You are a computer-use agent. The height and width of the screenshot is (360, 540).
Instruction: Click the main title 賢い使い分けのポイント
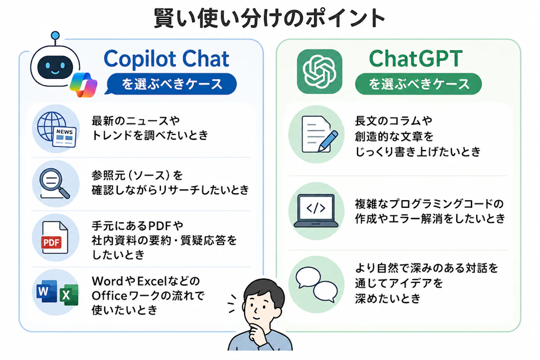coord(269,18)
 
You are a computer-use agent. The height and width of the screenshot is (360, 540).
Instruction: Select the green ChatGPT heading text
coord(416,58)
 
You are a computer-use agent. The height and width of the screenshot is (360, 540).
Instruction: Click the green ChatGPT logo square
coord(320,72)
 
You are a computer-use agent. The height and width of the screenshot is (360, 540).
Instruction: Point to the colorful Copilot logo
coord(83,85)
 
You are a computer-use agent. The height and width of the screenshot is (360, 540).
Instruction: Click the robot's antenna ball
coord(55,36)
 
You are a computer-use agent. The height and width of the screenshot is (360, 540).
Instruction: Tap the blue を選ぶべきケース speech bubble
coord(171,84)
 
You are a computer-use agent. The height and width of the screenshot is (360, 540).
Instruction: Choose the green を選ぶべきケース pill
coord(418,84)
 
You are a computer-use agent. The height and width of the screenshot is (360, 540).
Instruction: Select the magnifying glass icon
coord(55,184)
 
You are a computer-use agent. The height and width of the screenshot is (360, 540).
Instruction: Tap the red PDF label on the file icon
coord(52,243)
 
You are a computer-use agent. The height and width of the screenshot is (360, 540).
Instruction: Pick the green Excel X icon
coord(69,295)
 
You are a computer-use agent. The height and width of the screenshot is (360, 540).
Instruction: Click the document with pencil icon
coord(319,134)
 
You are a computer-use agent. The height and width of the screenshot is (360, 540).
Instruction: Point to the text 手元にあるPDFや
coord(137,226)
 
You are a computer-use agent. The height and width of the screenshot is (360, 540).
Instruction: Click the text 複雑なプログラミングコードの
coord(429,203)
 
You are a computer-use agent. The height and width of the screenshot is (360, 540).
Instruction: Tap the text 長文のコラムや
coord(394,121)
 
